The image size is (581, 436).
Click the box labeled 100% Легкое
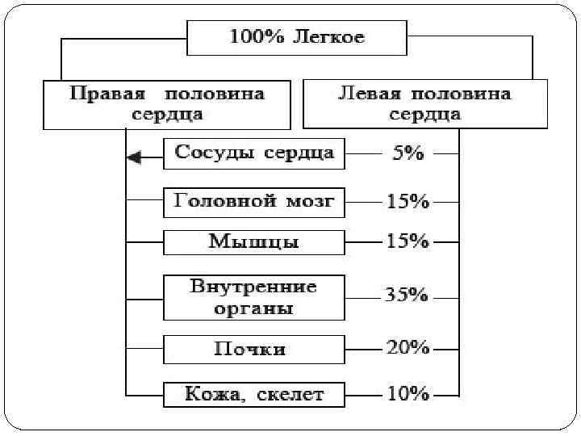(x=297, y=37)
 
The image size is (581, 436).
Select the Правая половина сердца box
(x=167, y=104)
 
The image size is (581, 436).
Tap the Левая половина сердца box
(x=424, y=103)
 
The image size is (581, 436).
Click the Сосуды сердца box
(x=254, y=153)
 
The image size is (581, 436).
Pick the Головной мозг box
(x=254, y=202)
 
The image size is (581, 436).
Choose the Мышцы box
(x=254, y=242)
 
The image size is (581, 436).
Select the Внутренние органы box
(x=254, y=297)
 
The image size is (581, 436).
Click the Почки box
(x=254, y=350)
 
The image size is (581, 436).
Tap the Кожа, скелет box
(x=254, y=395)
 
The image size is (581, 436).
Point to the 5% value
(x=408, y=153)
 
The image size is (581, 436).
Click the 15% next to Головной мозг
(x=408, y=202)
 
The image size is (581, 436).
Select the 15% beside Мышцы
(x=408, y=241)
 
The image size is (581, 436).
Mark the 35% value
(x=406, y=296)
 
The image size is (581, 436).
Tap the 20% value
(x=408, y=348)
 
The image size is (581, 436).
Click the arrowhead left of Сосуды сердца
(x=135, y=157)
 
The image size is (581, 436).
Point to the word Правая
(x=101, y=94)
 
